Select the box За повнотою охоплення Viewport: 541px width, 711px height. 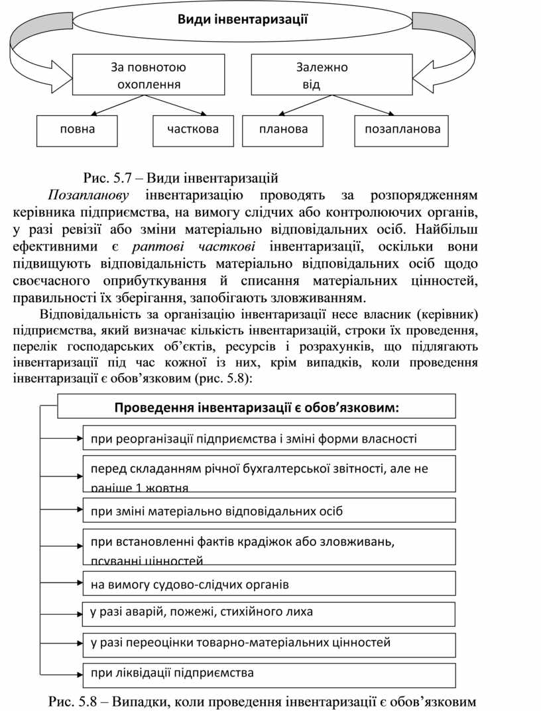(x=148, y=76)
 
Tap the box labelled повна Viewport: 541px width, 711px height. (x=77, y=130)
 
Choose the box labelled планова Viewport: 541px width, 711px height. (x=283, y=130)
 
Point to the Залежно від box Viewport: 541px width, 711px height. (x=321, y=76)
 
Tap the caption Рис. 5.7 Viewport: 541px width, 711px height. (x=180, y=178)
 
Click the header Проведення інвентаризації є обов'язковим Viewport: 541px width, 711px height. (x=257, y=406)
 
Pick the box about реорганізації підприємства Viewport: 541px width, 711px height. (x=269, y=438)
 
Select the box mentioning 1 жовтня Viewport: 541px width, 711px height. (x=269, y=473)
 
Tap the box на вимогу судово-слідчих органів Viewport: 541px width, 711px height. (x=269, y=584)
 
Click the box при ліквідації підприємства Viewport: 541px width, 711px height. (x=269, y=675)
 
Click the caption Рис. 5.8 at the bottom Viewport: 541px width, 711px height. (x=263, y=701)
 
